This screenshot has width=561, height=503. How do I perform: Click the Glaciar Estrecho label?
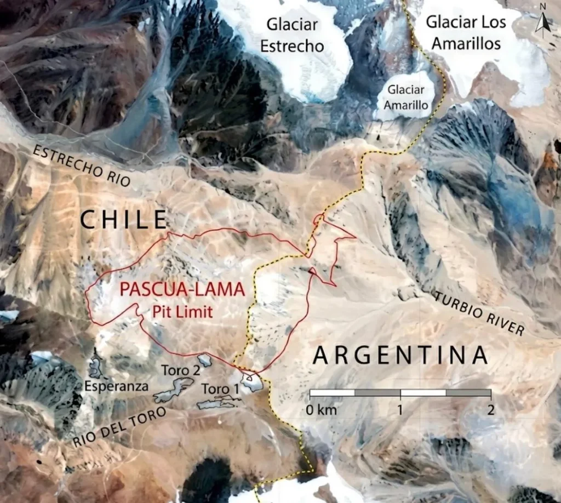coord(292,35)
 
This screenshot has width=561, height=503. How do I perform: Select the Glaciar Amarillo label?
coord(406,95)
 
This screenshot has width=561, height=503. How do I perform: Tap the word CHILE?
coord(123,220)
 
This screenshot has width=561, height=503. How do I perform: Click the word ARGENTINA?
coord(400,356)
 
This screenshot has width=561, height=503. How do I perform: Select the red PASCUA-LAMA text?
coord(182,290)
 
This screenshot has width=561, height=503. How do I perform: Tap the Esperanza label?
coord(117,386)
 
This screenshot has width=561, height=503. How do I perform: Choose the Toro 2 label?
coord(180,370)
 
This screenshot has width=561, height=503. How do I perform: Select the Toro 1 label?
coord(220,389)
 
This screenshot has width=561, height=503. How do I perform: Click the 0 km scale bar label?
coord(322,410)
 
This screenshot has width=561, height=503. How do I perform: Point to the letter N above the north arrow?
coord(543,7)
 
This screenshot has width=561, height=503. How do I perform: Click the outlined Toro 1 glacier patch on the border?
coord(251,381)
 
